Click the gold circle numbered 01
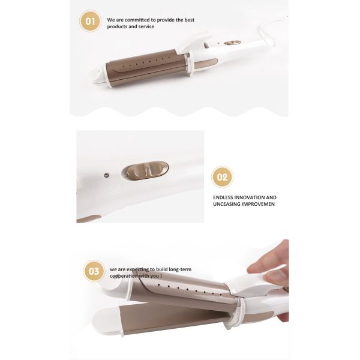(90, 22)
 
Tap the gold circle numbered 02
(222, 177)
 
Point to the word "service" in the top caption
(145, 26)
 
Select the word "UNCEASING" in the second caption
(227, 205)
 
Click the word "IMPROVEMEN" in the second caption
(259, 205)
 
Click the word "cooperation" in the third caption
(124, 277)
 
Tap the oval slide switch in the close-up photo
(145, 170)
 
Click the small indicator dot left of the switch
(106, 175)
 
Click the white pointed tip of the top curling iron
(95, 76)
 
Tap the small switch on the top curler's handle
(233, 43)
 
